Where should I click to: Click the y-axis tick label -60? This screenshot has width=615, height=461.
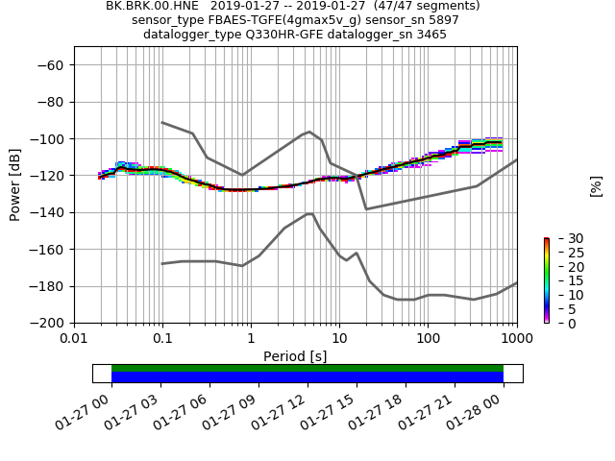coord(53,65)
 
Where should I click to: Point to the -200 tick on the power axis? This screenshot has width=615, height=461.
coord(49,324)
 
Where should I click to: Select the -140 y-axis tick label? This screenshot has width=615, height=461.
coord(49,213)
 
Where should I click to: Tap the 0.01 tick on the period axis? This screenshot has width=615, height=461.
coord(74,339)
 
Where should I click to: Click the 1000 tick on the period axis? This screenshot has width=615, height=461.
coord(517,339)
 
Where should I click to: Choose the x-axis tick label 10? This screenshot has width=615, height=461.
coord(339,339)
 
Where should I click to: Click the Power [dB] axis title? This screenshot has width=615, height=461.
coord(15,184)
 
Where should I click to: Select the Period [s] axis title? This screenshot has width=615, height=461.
coord(295,356)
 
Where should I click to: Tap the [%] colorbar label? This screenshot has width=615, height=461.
coord(596,185)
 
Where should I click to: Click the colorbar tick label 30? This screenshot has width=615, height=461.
coord(563,238)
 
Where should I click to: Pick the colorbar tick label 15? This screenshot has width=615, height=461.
coord(563,280)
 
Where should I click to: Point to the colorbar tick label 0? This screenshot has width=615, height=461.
coord(559,324)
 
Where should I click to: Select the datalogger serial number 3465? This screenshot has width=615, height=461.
coord(428,35)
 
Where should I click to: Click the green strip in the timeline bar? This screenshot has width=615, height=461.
coord(307,368)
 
